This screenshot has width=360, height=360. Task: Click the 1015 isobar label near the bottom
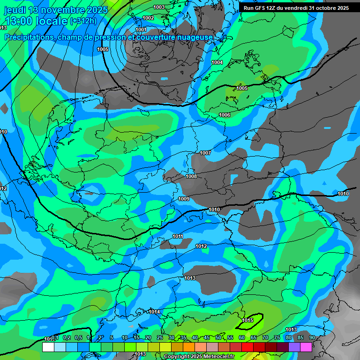pyautogui.click(x=248, y=320)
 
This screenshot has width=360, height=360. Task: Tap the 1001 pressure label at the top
pyautogui.click(x=141, y=30)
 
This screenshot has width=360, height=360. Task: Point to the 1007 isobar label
pyautogui.click(x=205, y=153)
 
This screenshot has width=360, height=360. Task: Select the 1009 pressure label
pyautogui.click(x=184, y=199)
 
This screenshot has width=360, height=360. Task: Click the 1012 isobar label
pyautogui.click(x=202, y=246)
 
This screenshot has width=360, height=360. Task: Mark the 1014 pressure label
pyautogui.click(x=155, y=312)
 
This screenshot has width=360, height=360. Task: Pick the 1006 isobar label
pyautogui.click(x=225, y=115)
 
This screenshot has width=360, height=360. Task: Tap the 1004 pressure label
pyautogui.click(x=217, y=62)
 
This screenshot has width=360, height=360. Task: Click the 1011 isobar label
pyautogui.click(x=178, y=236)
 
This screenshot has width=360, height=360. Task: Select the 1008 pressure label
pyautogui.click(x=191, y=176)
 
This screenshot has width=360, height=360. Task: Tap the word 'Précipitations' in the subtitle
pyautogui.click(x=29, y=37)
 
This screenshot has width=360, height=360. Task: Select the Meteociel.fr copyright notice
pyautogui.click(x=199, y=357)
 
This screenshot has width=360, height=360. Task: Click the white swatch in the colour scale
pyautogui.click(x=48, y=347)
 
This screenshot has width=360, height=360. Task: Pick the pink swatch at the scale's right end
pyautogui.click(x=306, y=347)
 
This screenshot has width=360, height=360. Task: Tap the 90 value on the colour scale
pyautogui.click(x=312, y=338)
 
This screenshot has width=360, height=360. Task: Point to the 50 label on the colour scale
pyautogui.click(x=218, y=338)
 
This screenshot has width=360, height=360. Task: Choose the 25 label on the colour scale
pyautogui.click(x=159, y=338)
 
